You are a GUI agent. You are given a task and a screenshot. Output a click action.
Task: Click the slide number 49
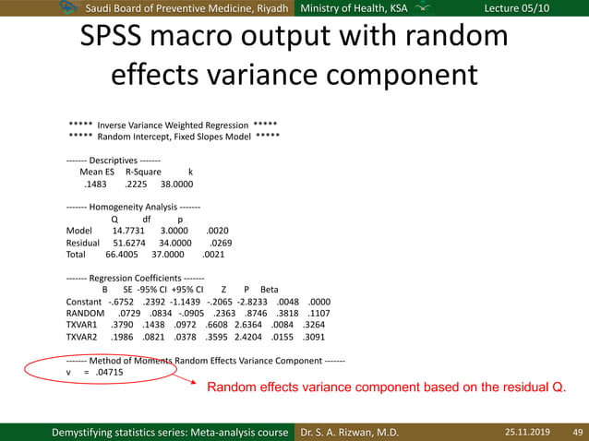(578, 432)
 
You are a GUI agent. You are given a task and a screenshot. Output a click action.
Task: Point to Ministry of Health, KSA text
(354, 8)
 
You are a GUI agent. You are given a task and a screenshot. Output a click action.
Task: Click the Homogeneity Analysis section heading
(133, 208)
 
